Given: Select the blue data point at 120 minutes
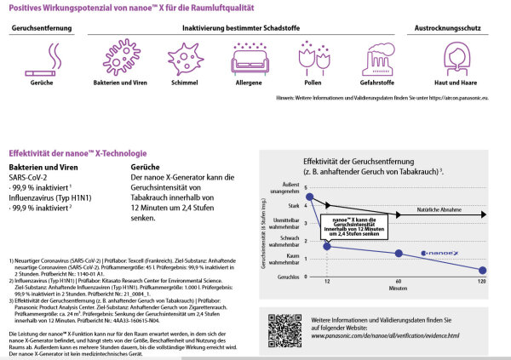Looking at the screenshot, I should (482, 271).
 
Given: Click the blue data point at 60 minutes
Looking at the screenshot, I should (399, 253).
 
